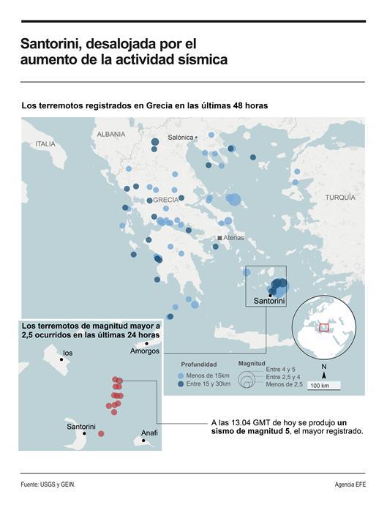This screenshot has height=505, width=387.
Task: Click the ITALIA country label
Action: coord(45,144)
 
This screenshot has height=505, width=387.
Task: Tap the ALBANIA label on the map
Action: coord(110,135)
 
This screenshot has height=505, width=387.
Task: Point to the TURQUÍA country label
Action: coord(339,198)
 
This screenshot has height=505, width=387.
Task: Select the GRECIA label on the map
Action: coord(165,200)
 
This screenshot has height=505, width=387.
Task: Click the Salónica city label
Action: coord(181,137)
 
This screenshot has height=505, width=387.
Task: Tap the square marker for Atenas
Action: coord(219,239)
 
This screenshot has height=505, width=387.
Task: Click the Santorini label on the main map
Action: coord(268,301)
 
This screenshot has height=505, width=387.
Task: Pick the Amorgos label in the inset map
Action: coord(144,351)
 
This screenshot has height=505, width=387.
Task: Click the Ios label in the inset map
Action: coord(68,353)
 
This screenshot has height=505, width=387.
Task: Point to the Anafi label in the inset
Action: coord(149,433)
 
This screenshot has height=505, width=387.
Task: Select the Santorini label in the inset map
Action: coord(80,426)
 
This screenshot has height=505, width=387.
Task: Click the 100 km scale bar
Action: coord(319,385)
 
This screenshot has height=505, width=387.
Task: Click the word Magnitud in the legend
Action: coord(253,363)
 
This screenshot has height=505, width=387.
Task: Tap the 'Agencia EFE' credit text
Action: coord(349,485)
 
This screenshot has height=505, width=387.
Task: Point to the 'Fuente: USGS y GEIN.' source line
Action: coord(48,485)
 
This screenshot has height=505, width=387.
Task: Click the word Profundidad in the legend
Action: coord(198,364)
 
